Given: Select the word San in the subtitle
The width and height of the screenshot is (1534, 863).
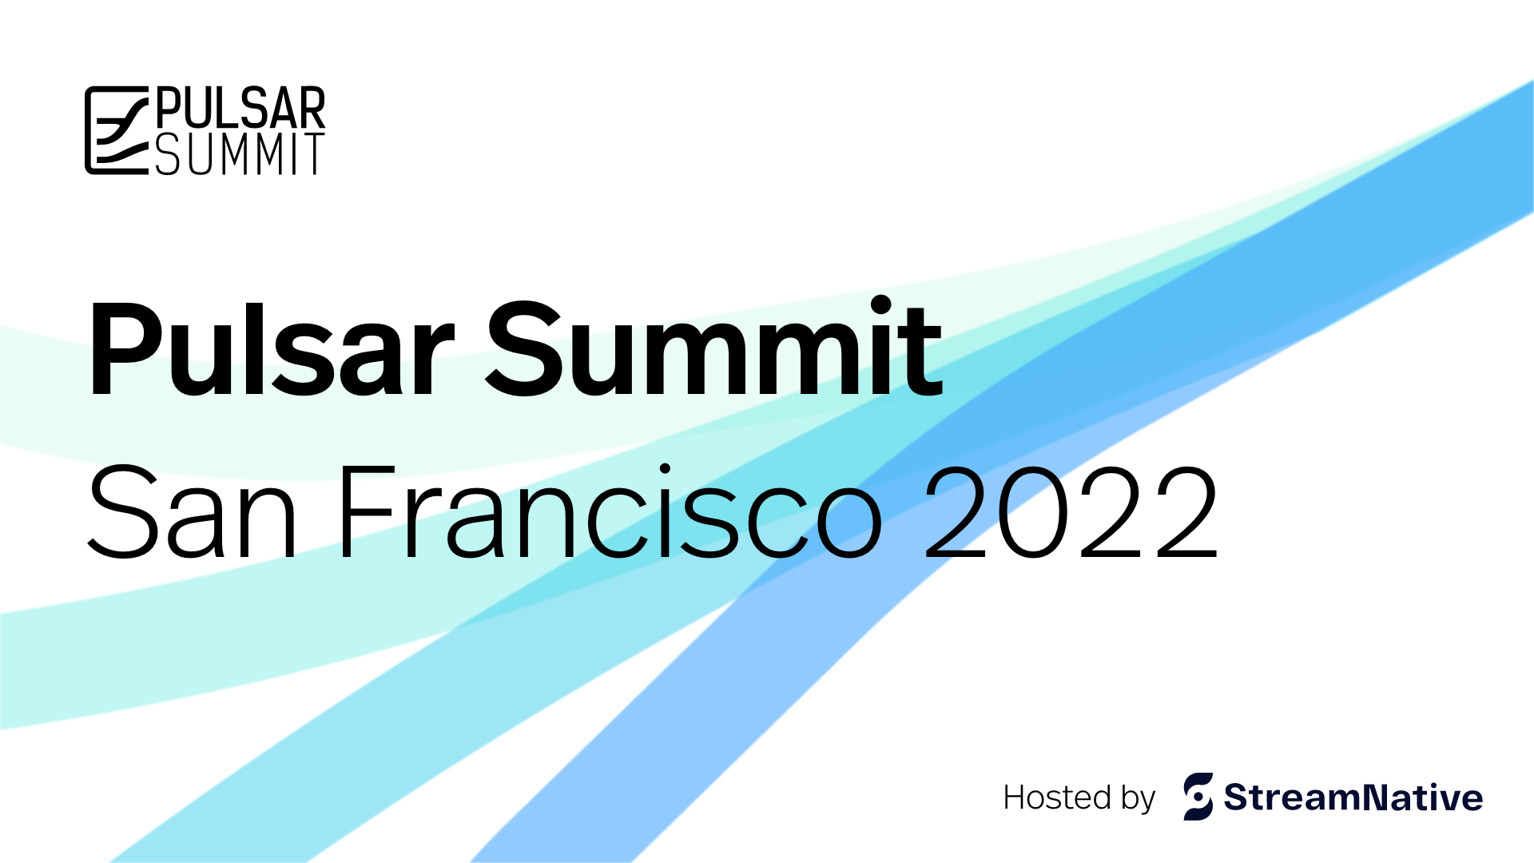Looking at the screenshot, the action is click(x=193, y=511).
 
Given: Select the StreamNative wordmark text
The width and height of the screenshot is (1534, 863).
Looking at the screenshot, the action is click(x=1353, y=797).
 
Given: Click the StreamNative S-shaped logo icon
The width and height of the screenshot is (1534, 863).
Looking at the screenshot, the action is click(x=1198, y=796).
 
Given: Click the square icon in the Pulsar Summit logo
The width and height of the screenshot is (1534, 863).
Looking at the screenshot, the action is click(x=117, y=130).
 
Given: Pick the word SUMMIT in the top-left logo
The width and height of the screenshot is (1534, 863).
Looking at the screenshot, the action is click(x=240, y=153).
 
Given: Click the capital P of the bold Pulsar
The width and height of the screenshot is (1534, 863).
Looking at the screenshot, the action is click(x=128, y=350).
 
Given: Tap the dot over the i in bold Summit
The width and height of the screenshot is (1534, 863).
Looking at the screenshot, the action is click(x=881, y=306).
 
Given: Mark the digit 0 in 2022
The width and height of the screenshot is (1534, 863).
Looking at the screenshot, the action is click(x=1032, y=511).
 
